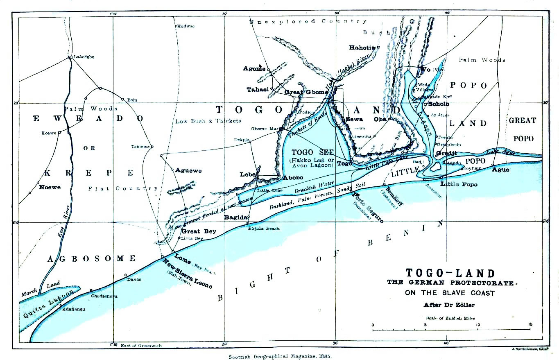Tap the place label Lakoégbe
pos(84,57)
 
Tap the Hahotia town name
pos(362,48)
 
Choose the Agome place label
pos(254,68)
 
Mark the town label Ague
pos(500,170)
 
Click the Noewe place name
pos(50,187)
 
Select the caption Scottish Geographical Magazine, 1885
pos(280,356)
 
